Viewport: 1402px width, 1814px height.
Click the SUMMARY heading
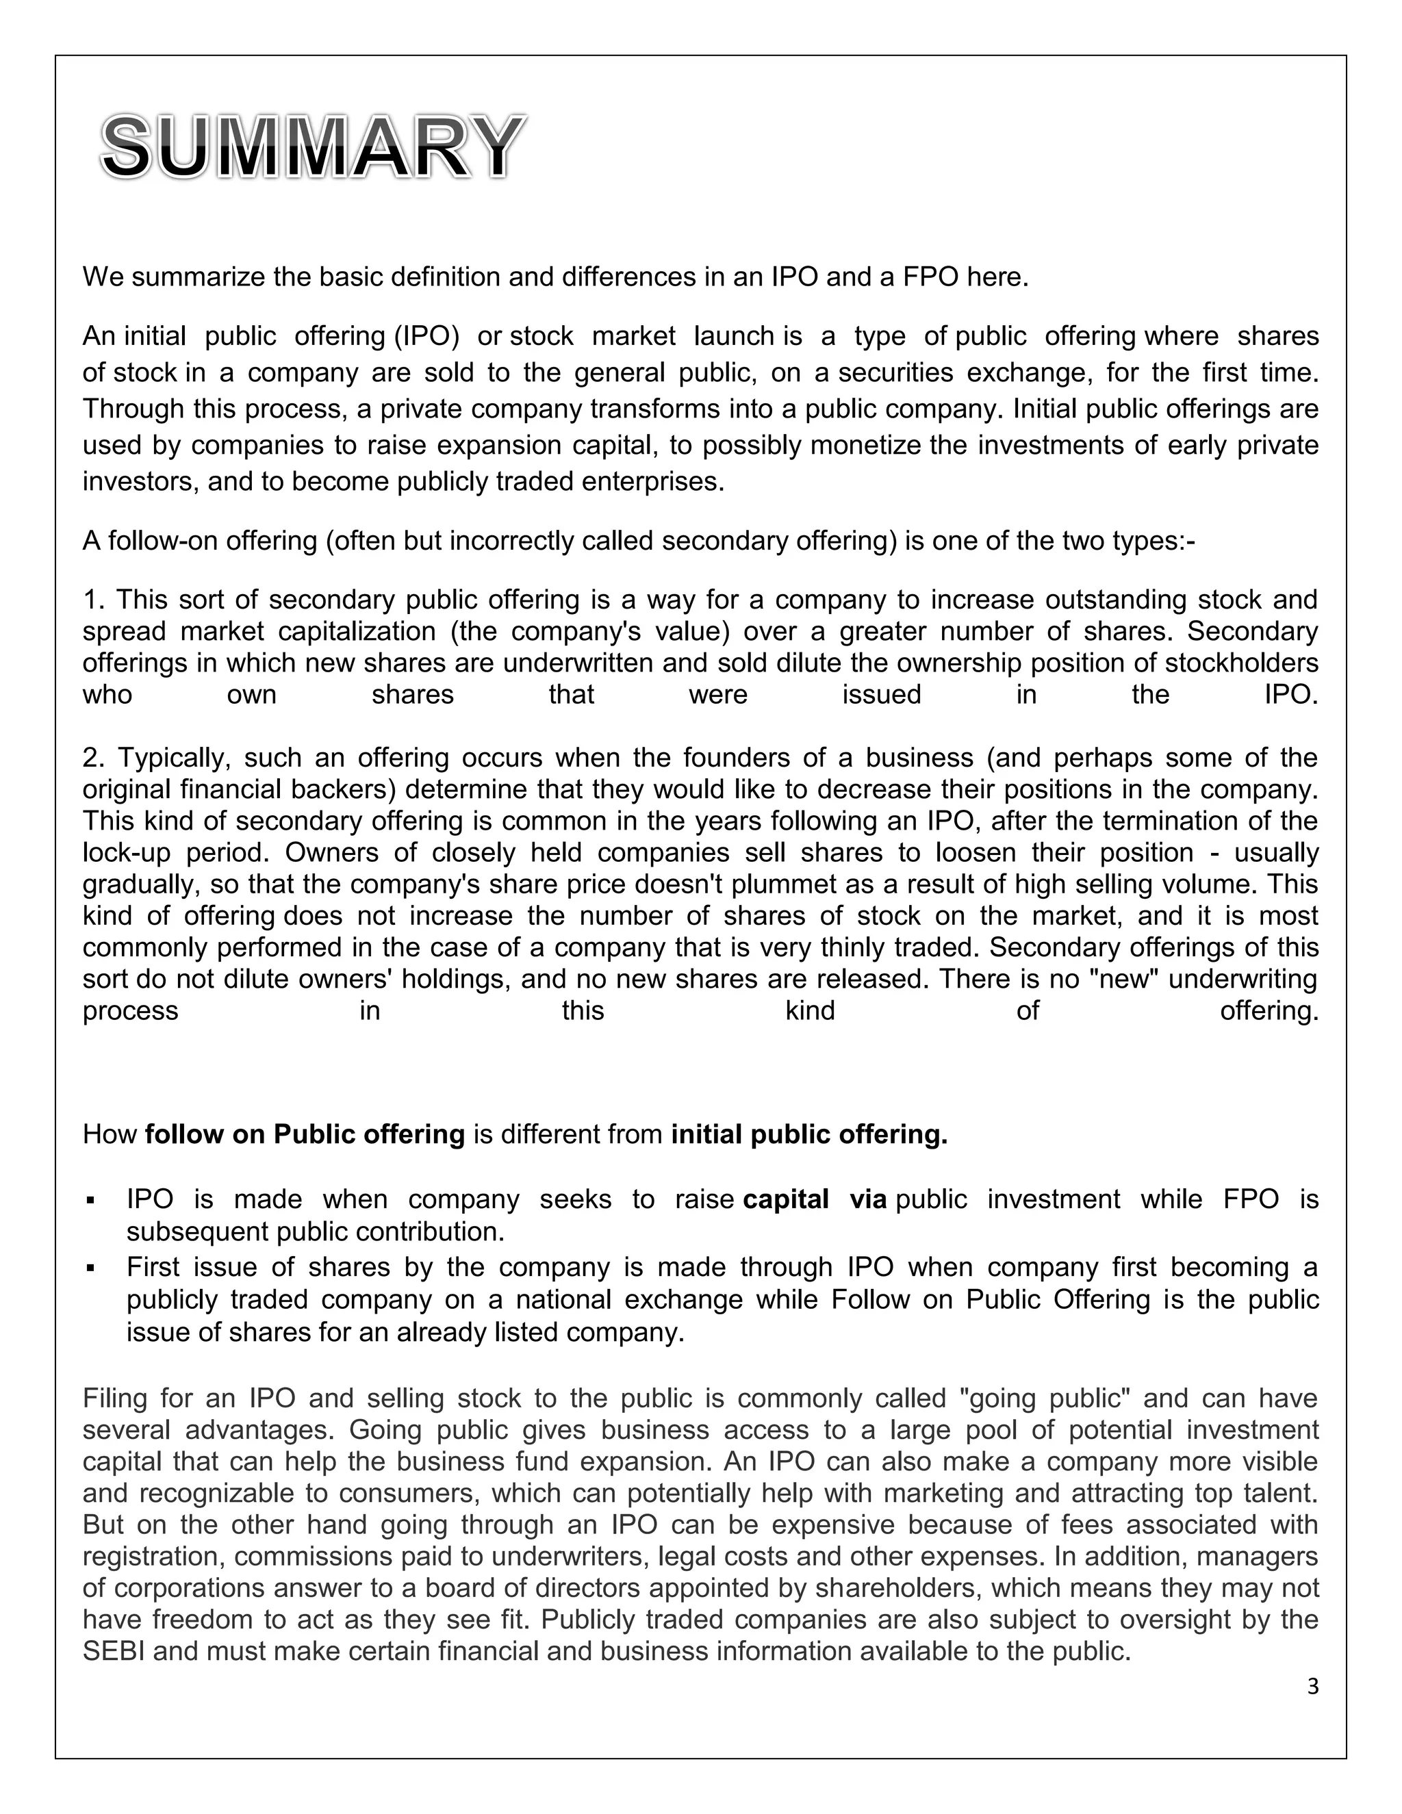point(312,148)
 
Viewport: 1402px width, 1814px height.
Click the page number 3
point(1312,1686)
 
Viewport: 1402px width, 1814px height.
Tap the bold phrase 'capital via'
point(815,1199)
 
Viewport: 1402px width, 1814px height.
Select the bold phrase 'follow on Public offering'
point(305,1134)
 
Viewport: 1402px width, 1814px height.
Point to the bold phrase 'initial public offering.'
point(809,1134)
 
